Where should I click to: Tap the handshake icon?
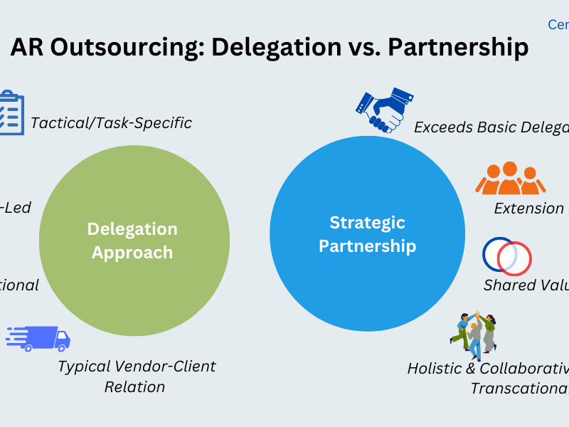point(384,110)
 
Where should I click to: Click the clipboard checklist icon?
point(10,113)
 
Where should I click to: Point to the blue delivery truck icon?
point(39,338)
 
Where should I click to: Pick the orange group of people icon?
point(510,179)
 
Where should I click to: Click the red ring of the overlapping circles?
point(515,258)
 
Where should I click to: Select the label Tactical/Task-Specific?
point(111,123)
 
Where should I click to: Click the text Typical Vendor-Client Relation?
point(136,376)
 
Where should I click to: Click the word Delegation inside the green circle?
point(132,229)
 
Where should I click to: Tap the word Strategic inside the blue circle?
point(367,223)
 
